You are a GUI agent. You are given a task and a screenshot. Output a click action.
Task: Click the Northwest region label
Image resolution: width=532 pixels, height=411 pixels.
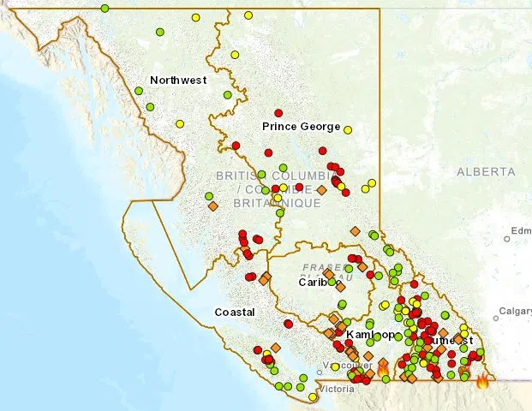178,80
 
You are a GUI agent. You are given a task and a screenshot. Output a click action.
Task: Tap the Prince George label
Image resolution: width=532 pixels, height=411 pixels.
301,127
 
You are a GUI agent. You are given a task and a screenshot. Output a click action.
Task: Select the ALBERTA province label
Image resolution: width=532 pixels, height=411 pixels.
486,172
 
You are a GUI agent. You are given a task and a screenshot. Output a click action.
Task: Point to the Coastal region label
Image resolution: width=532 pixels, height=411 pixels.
235,313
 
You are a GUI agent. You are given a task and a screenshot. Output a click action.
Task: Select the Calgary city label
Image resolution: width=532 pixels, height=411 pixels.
516,311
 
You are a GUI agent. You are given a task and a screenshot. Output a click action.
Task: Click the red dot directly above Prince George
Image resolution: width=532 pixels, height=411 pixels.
278,113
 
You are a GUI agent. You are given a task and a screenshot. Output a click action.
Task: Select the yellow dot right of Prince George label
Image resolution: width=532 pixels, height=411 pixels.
348,129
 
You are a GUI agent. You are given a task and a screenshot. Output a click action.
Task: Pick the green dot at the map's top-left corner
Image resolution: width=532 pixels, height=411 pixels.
105,9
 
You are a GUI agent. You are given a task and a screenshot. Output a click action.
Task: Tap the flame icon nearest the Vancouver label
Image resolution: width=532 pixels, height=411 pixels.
382,368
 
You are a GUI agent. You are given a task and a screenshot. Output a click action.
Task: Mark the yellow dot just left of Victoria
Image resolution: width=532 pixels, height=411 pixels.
313,396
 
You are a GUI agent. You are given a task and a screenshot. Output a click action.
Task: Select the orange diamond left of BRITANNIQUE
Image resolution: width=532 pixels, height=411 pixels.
212,205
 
